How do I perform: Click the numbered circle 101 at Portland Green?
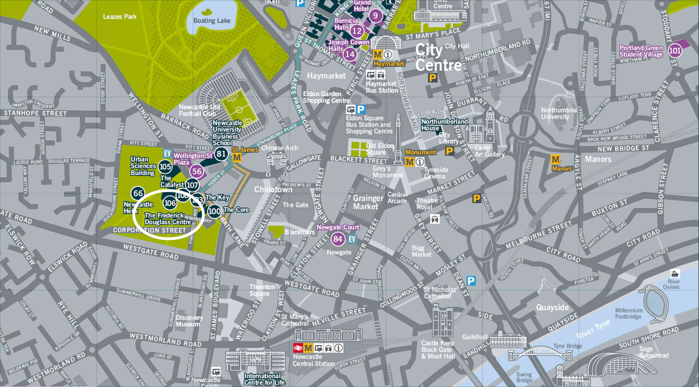[674, 51]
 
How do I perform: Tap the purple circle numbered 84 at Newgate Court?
[338, 239]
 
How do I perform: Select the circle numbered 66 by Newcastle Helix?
[138, 193]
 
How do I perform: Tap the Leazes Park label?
[120, 17]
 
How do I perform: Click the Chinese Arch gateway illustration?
[276, 163]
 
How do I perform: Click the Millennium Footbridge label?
[628, 313]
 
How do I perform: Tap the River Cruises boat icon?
[675, 273]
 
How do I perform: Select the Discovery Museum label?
[189, 321]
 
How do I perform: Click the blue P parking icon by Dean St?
[471, 281]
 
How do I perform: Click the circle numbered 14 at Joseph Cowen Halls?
[350, 54]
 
